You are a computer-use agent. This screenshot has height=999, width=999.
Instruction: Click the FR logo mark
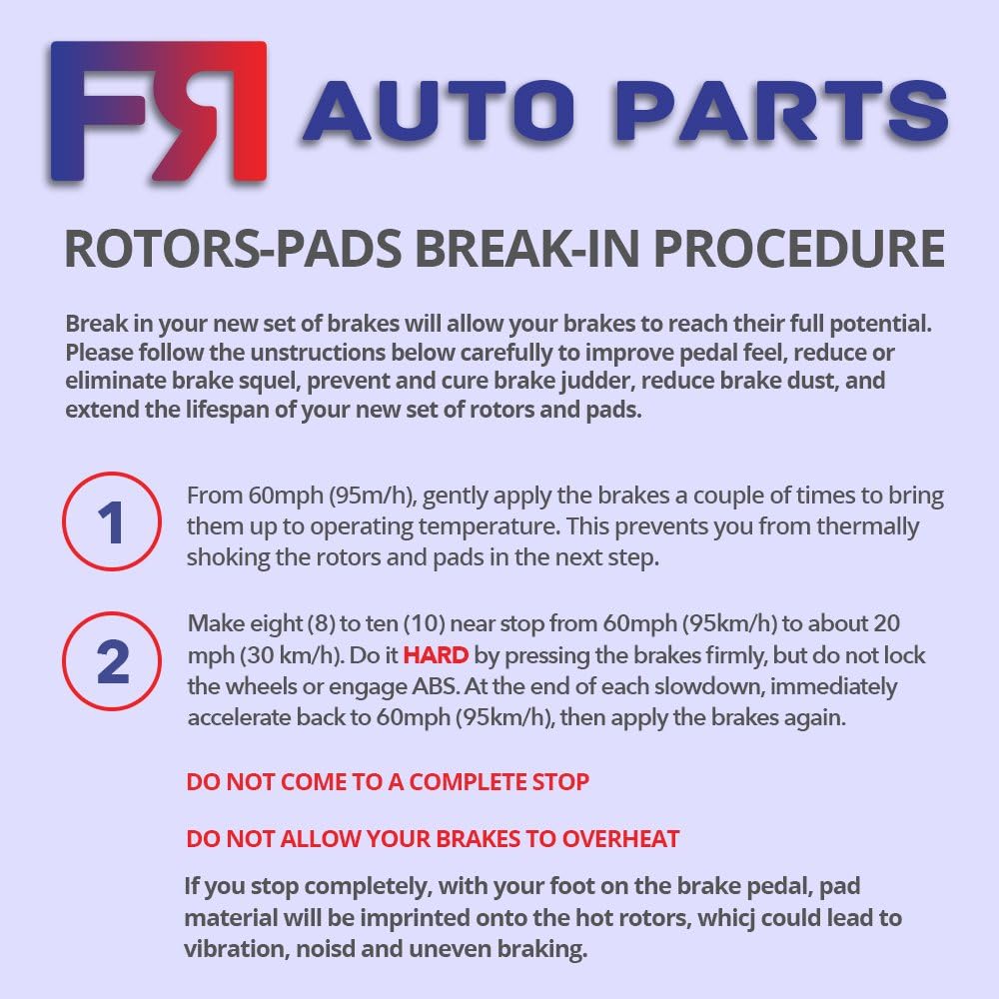point(158,111)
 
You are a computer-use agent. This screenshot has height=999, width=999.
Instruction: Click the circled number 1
point(112,522)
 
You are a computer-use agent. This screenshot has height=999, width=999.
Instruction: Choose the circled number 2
point(112,661)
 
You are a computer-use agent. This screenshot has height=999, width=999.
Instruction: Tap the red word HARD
point(436,656)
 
